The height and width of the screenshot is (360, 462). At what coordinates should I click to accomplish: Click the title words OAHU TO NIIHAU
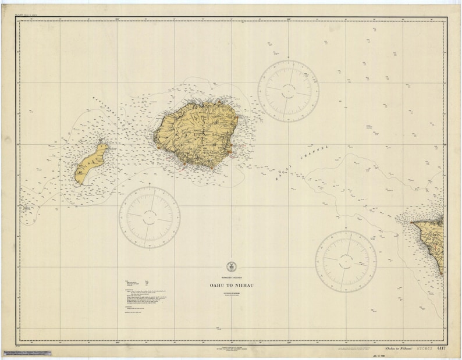(230, 286)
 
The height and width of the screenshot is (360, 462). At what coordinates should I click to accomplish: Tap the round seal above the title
(230, 266)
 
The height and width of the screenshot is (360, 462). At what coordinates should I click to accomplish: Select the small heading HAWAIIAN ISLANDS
(230, 277)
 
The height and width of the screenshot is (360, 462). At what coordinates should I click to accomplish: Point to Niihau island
(91, 163)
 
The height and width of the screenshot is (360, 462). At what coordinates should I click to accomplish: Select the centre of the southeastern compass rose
(346, 261)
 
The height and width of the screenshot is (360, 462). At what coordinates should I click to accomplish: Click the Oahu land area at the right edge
(433, 238)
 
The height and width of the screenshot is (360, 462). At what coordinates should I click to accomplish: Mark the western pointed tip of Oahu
(412, 222)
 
